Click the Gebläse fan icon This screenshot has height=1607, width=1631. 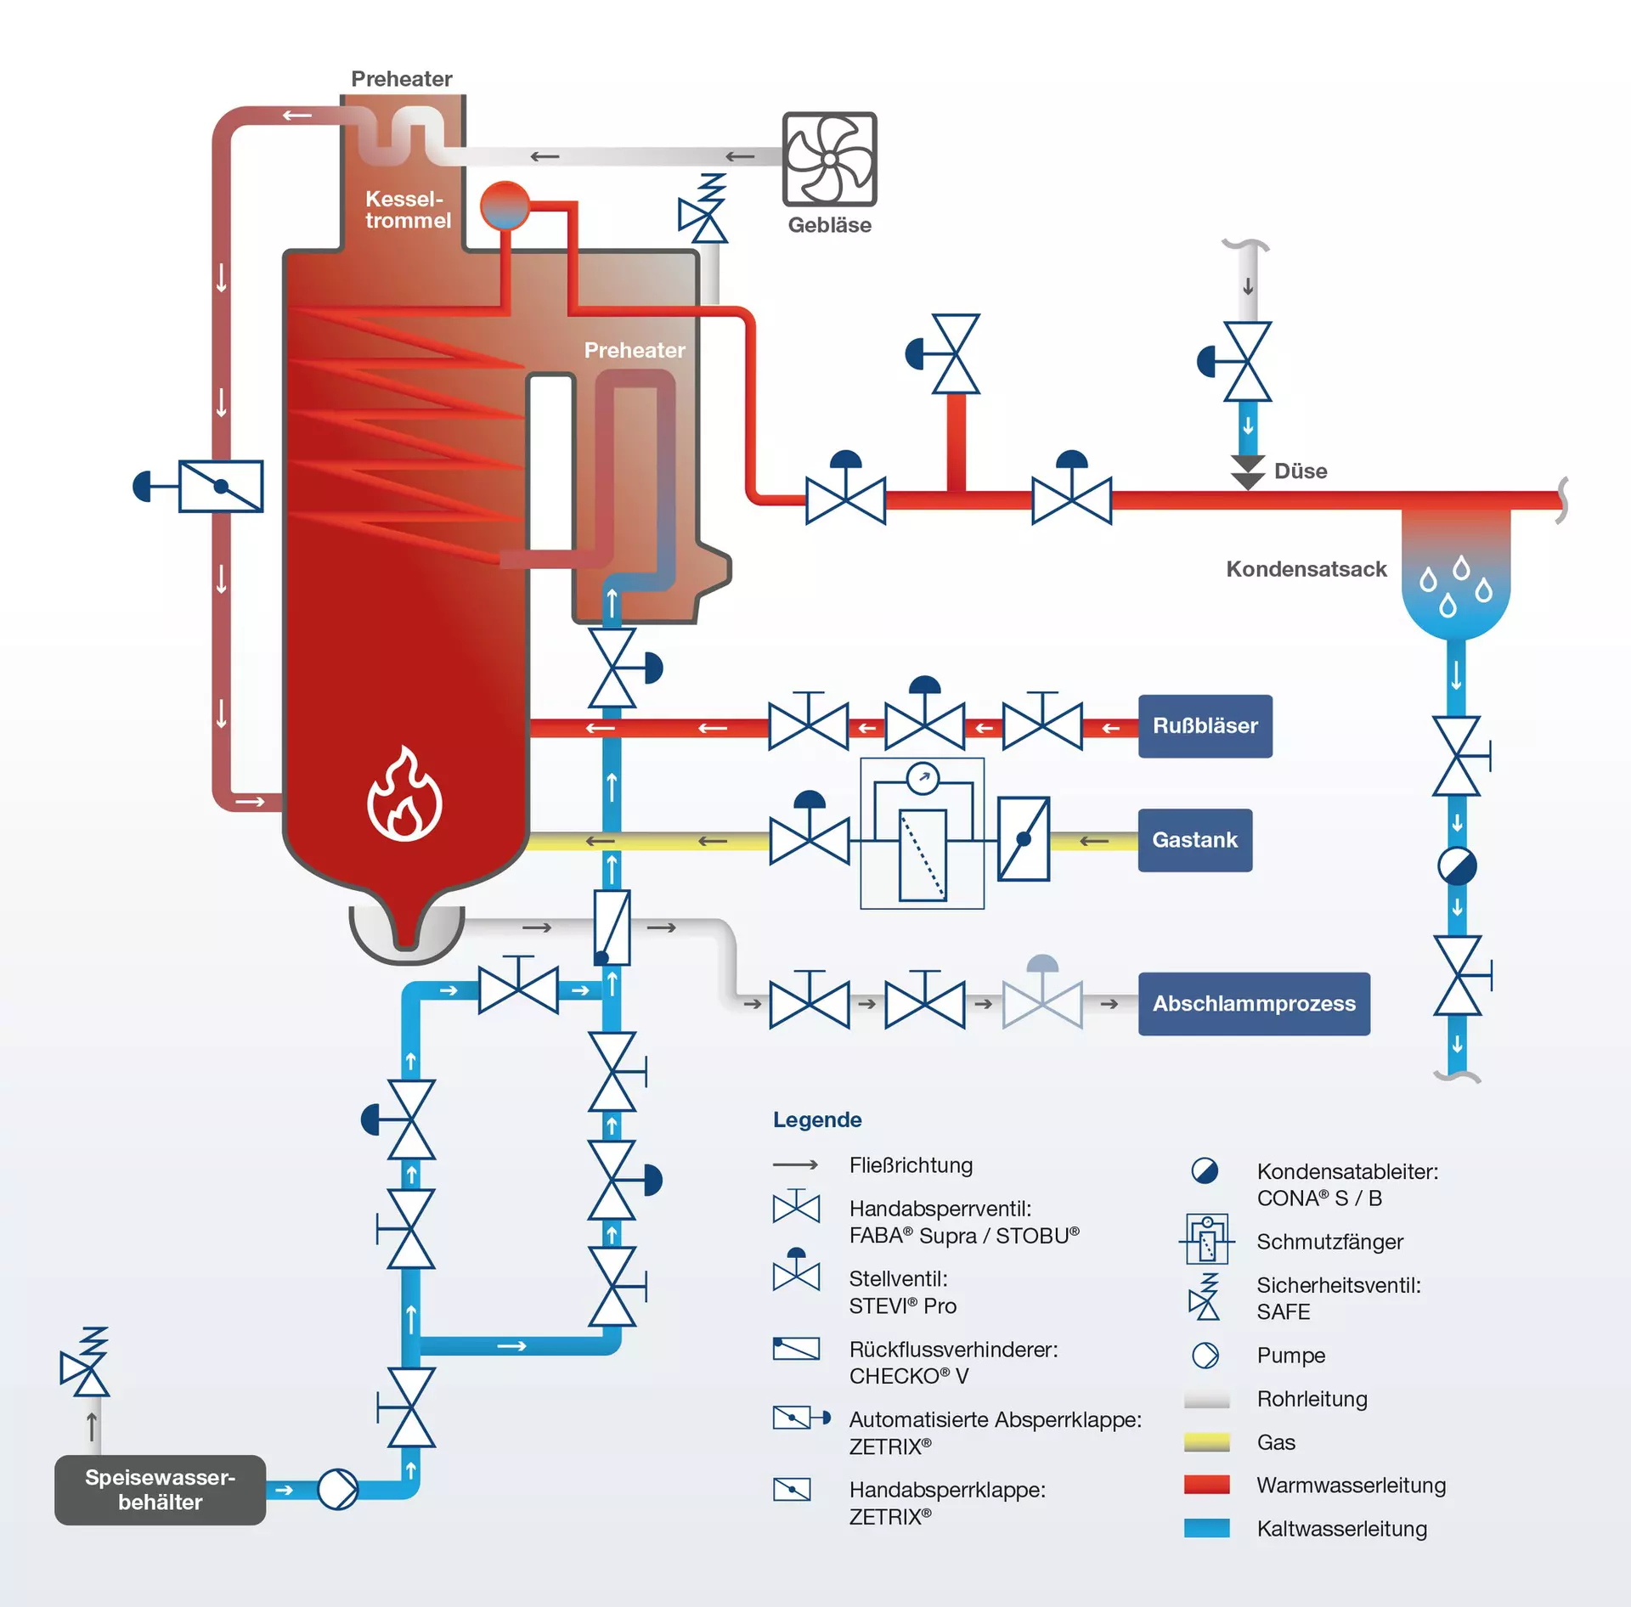click(829, 159)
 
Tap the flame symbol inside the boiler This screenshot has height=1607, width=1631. click(404, 796)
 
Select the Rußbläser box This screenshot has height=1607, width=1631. click(1205, 726)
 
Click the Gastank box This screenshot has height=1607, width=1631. click(1194, 840)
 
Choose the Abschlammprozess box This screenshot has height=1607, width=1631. click(1253, 1004)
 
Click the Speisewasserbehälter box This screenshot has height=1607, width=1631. click(160, 1490)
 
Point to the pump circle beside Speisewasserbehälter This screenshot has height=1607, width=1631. click(337, 1490)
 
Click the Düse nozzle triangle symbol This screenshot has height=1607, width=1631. click(1247, 472)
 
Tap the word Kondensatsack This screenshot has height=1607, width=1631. click(1306, 569)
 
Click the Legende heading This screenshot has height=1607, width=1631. click(817, 1119)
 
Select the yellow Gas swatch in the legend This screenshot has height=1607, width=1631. click(1206, 1442)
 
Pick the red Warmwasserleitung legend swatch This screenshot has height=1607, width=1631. click(1206, 1485)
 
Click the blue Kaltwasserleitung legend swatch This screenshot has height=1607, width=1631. click(1206, 1528)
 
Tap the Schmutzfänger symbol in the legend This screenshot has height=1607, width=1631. click(1206, 1240)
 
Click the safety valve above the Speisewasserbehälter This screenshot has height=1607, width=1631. click(86, 1362)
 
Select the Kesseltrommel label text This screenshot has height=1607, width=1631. click(408, 210)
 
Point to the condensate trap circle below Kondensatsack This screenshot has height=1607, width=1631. click(1457, 866)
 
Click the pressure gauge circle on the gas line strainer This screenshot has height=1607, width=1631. click(923, 777)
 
